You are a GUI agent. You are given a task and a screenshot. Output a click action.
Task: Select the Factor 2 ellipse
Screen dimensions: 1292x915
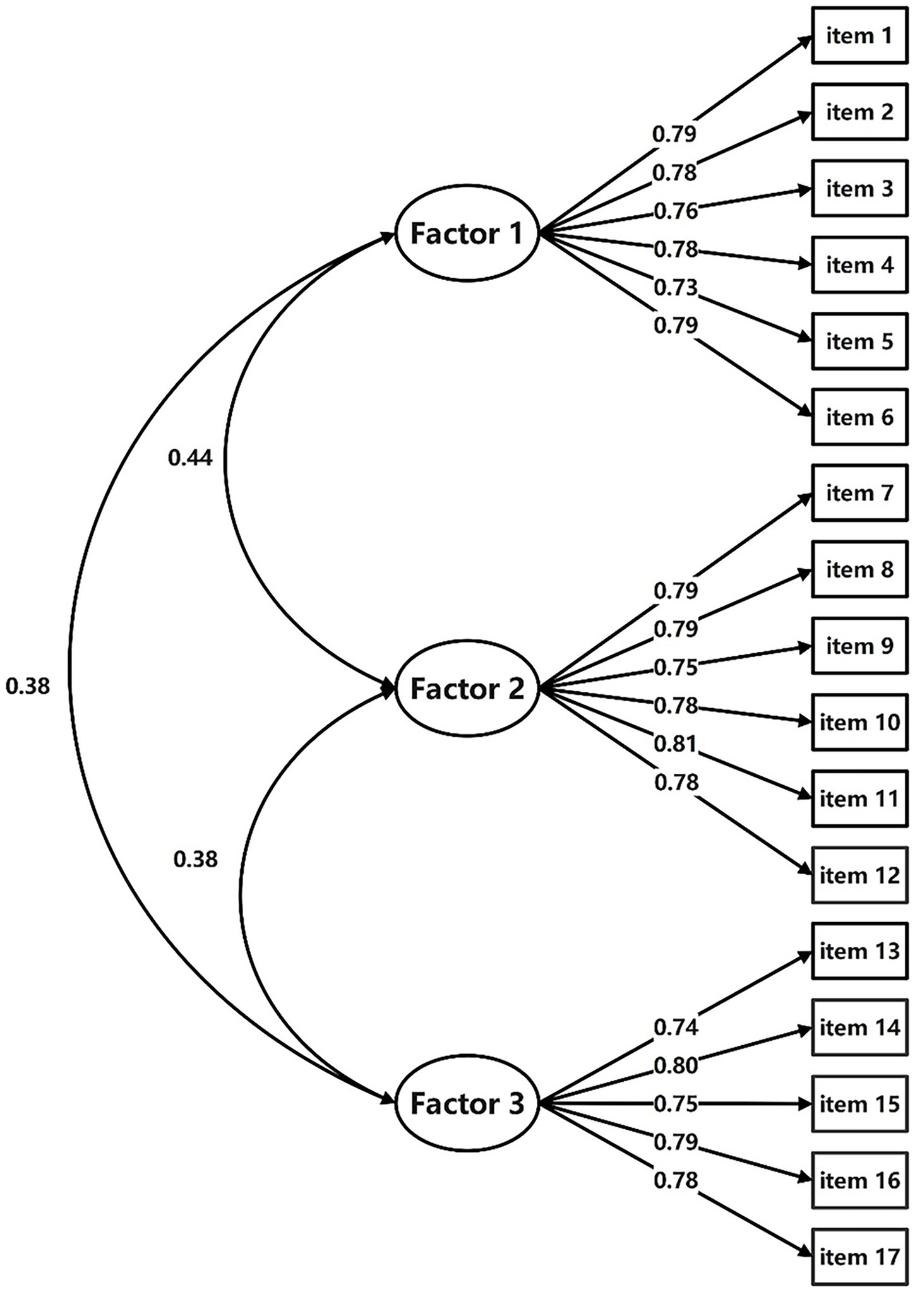(467, 689)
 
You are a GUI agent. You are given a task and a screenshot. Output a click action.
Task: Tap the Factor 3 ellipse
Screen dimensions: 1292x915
(467, 1104)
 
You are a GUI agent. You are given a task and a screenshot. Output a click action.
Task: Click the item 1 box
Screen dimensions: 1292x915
(859, 36)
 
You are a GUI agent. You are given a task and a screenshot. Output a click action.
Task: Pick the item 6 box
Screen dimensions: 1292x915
(859, 417)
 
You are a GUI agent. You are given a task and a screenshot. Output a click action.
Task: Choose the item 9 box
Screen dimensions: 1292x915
(859, 646)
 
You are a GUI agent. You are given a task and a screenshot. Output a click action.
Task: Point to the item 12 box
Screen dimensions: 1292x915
(859, 875)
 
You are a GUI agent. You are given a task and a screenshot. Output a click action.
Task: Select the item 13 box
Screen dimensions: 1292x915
(859, 951)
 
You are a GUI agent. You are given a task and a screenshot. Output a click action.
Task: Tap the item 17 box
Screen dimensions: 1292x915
(859, 1257)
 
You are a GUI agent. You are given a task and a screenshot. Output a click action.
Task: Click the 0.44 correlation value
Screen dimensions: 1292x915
(190, 458)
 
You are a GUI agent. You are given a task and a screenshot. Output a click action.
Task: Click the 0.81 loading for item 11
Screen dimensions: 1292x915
(675, 744)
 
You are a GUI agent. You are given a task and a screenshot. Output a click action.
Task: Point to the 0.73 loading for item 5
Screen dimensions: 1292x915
(675, 288)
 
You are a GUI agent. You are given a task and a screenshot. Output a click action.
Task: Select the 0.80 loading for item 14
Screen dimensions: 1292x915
(675, 1065)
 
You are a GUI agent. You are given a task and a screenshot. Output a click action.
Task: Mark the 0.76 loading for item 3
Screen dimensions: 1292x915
(675, 211)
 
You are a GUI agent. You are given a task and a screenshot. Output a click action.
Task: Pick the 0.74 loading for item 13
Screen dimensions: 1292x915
(675, 1028)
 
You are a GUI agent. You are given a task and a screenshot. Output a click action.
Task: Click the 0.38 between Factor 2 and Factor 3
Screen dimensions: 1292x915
(195, 859)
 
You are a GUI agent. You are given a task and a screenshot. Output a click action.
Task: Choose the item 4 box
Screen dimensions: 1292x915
(859, 265)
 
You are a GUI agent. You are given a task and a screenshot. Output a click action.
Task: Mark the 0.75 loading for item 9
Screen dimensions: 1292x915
(675, 667)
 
